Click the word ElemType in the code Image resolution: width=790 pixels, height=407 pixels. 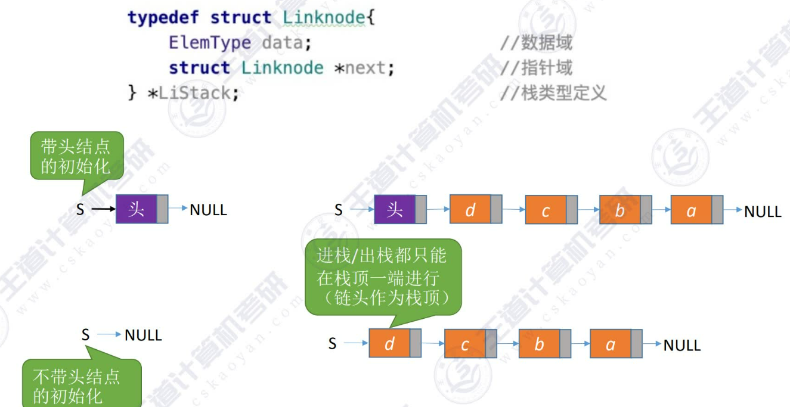coord(209,43)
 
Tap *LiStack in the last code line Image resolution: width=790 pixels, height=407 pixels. coord(193,93)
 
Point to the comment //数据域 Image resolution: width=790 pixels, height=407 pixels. coord(536,43)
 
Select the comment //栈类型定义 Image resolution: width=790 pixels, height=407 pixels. coord(553,93)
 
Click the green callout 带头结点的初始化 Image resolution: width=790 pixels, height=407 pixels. coord(76,156)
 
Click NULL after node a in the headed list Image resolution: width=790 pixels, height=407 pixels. coord(763,212)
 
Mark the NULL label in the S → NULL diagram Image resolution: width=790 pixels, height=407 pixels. coord(143,335)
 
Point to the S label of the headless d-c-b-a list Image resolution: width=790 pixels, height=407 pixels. coord(332,343)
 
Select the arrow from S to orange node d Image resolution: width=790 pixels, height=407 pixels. coord(356,343)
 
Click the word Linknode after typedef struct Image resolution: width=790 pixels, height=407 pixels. coord(323,18)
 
